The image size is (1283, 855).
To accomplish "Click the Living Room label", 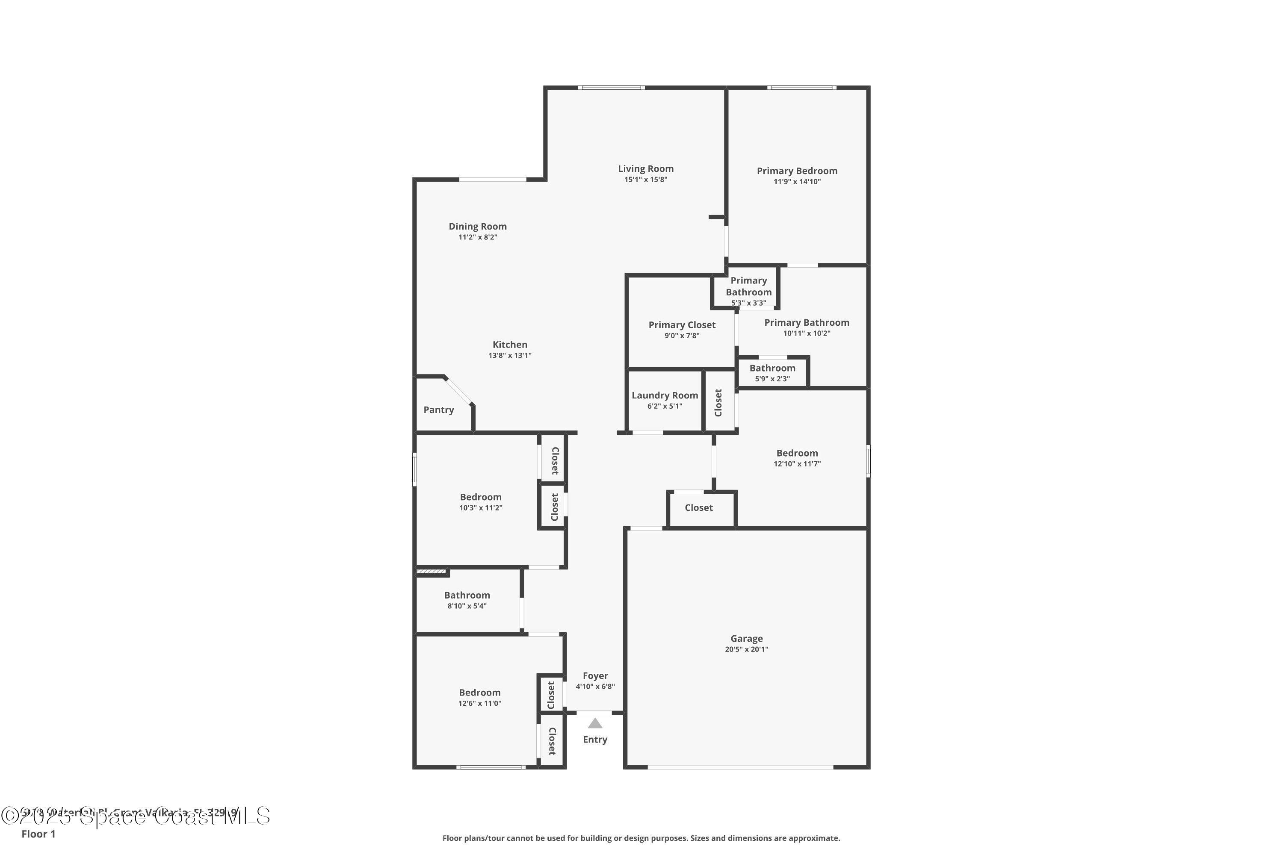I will [645, 169].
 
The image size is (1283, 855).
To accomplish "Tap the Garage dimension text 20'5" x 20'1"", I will [746, 649].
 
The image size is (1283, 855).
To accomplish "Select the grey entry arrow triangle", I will [594, 724].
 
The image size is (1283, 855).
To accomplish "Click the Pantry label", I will [439, 410].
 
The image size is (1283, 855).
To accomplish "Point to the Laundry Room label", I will [665, 395].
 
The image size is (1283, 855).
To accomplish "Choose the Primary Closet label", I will [682, 325].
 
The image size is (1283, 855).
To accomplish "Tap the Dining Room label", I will [477, 226].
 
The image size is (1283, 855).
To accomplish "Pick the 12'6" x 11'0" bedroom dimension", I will [479, 703].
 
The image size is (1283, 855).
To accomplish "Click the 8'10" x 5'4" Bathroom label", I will [467, 596].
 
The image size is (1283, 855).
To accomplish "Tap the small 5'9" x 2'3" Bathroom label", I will [772, 368].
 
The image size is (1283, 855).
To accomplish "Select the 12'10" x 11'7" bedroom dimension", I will [796, 464].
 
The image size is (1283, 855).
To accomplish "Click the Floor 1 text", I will [38, 834].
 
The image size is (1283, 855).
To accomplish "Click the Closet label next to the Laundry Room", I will [718, 402].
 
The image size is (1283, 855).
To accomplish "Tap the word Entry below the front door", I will [594, 740].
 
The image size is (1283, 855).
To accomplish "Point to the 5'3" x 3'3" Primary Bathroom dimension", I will [748, 303].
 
